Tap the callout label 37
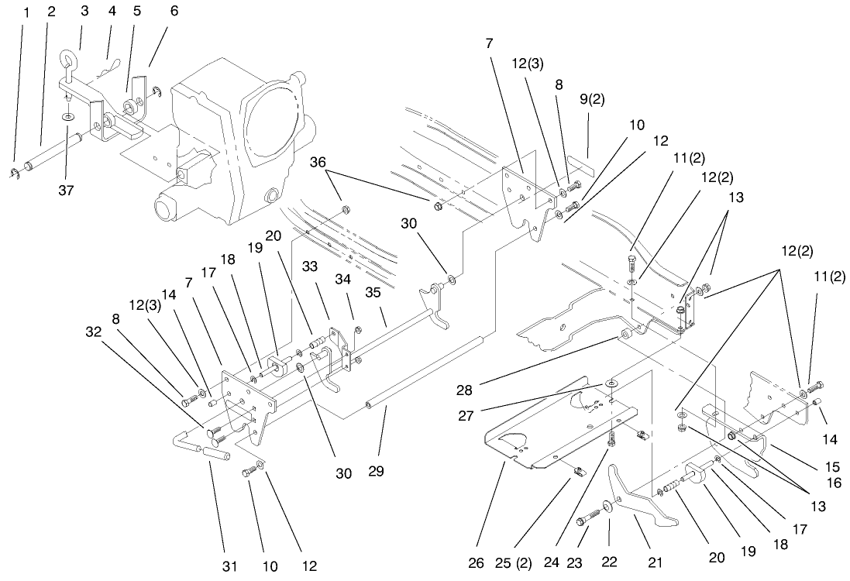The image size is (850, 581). pos(67,190)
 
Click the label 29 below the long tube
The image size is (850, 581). pos(380,470)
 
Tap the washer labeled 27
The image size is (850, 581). pos(611,383)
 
